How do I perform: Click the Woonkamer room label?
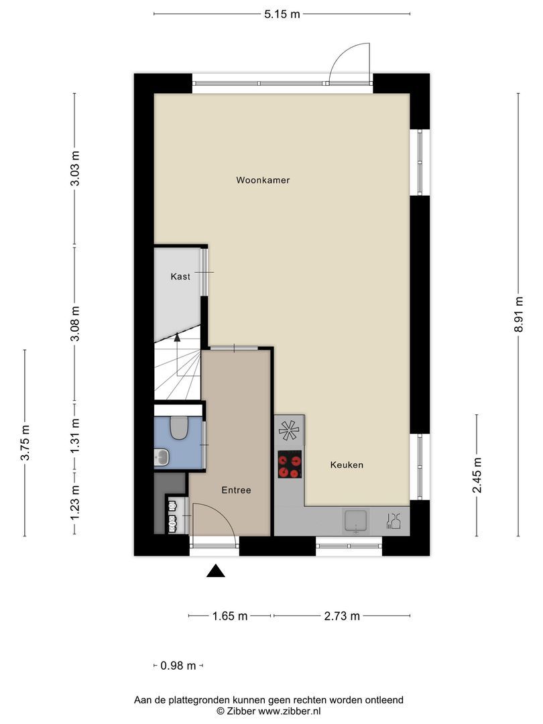pos(263,180)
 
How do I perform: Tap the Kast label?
pos(180,276)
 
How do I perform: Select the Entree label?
pos(236,490)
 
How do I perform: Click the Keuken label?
pos(347,465)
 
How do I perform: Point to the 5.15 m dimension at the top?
pos(282,13)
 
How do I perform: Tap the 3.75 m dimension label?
pos(25,442)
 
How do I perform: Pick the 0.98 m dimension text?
pos(178,666)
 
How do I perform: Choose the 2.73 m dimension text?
pos(342,616)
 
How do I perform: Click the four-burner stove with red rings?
pos(290,464)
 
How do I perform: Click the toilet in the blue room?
pos(178,428)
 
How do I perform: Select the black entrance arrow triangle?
pos(215,570)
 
